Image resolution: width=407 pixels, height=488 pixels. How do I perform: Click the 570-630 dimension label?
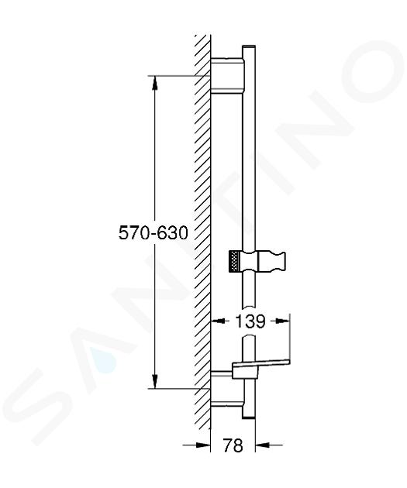[x=153, y=232]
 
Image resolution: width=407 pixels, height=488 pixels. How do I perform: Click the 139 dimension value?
[x=250, y=321]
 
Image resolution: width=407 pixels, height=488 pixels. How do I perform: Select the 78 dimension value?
[x=233, y=445]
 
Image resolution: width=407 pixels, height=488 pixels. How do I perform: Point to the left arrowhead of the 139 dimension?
[x=218, y=321]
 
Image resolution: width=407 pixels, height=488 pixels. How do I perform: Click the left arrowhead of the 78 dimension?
[x=204, y=445]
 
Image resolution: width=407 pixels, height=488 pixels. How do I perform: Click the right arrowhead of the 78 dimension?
[x=262, y=445]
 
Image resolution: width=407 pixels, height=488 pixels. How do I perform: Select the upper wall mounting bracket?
[x=227, y=75]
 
